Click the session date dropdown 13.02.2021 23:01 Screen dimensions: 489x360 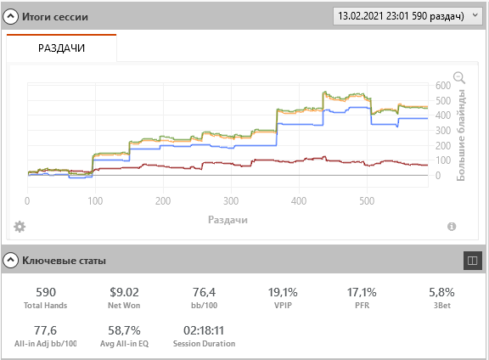click(x=408, y=16)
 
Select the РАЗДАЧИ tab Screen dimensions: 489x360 click(x=61, y=48)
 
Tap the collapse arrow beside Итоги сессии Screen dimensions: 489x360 click(x=10, y=16)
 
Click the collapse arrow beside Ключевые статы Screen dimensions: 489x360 click(x=10, y=260)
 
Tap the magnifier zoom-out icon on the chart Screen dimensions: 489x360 click(x=459, y=77)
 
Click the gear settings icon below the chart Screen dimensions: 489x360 click(x=20, y=227)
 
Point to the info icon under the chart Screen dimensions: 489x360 click(x=452, y=227)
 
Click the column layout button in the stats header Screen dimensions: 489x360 click(x=473, y=261)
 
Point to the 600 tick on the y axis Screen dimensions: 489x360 click(x=443, y=86)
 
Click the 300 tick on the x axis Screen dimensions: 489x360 click(x=231, y=201)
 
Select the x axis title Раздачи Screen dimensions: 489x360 click(x=228, y=220)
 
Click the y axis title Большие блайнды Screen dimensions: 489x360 click(x=461, y=135)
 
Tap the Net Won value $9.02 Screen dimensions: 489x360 click(x=124, y=292)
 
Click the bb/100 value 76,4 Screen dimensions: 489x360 click(x=204, y=292)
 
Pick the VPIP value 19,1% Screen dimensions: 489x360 click(x=283, y=292)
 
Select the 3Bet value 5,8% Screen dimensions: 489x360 click(x=441, y=292)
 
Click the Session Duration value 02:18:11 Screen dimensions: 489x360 click(x=204, y=330)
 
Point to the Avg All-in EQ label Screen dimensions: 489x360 click(x=124, y=344)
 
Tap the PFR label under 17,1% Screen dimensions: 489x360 click(x=362, y=306)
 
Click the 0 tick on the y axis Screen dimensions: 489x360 click(x=438, y=176)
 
